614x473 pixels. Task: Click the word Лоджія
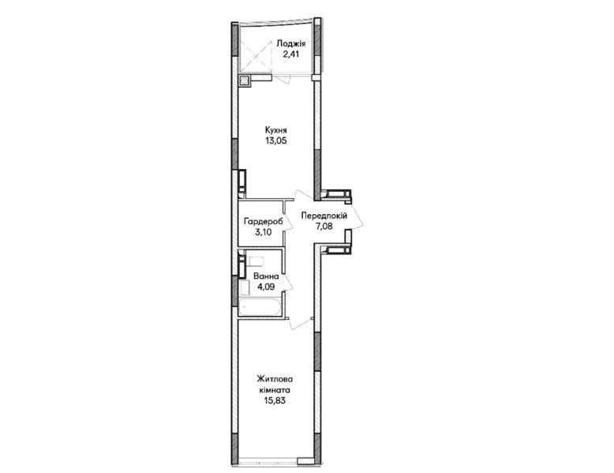[290, 43]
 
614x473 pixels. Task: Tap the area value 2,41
[291, 54]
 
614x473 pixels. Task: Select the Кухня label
[275, 130]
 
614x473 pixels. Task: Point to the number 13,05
[275, 141]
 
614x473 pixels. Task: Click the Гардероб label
[263, 222]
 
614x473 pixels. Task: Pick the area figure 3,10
[264, 232]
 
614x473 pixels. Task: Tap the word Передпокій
[324, 215]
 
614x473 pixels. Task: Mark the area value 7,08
[324, 226]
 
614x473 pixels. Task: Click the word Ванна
[266, 276]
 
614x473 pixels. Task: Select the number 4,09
[266, 287]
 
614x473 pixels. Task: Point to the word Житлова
[275, 379]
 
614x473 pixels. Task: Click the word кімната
[275, 390]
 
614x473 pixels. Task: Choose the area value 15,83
[275, 400]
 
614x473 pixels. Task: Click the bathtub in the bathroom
[259, 307]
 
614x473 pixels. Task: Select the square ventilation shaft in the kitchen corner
[245, 81]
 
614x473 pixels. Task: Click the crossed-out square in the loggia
[256, 55]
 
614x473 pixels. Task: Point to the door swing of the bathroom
[290, 280]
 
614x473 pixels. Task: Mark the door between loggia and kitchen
[283, 78]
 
